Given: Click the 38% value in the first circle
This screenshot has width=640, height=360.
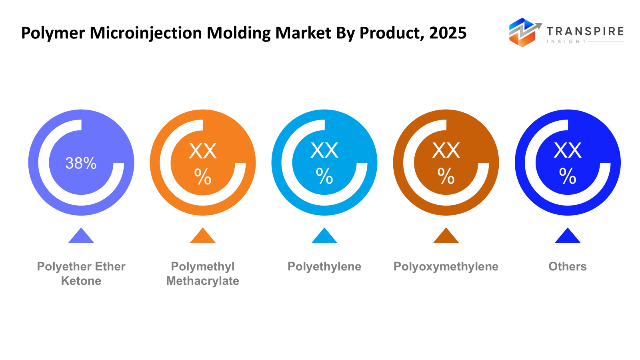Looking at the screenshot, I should pos(81,163).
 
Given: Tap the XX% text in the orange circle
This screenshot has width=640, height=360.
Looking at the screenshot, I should pos(203,163).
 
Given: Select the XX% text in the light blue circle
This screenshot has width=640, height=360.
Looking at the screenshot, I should pos(324,163).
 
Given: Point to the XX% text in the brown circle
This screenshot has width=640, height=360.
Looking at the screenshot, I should pos(446,163).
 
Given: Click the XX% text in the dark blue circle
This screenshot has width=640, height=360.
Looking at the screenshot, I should pos(568,163).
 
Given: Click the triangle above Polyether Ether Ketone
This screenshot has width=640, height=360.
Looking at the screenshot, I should pos(81,237).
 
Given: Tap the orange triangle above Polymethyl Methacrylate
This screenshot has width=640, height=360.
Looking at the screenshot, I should pos(203,237).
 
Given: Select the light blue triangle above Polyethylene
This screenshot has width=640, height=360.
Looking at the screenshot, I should pos(324,237).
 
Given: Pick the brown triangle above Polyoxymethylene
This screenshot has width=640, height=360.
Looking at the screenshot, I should pos(446,237).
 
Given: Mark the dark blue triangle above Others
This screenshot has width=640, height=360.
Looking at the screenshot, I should pos(568,237).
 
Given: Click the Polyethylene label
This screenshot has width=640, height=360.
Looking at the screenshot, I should pos(324,266).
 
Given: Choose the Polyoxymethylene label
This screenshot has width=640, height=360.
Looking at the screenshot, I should pos(446,266).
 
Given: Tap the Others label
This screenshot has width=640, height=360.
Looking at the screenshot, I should pos(568,266).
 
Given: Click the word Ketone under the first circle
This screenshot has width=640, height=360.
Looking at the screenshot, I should pos(81,281).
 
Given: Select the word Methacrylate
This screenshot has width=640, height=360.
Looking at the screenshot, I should pos(203,281).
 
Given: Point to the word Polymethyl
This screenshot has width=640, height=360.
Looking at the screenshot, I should pos(203,266).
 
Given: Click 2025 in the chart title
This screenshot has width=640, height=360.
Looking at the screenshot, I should pos(448,33).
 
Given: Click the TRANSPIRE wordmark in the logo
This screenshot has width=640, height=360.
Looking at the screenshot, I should pos(585,31).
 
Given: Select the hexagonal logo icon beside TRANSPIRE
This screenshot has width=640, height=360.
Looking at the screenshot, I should pos(522,32).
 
